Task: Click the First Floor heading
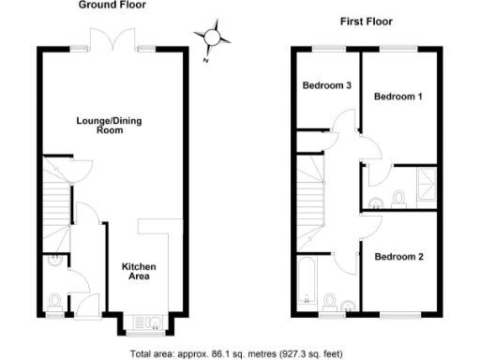coord(365,21)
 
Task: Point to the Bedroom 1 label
coord(397,97)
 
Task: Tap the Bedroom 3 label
coord(326,86)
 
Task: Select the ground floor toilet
coord(53,300)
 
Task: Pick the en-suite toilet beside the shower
coord(398,198)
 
